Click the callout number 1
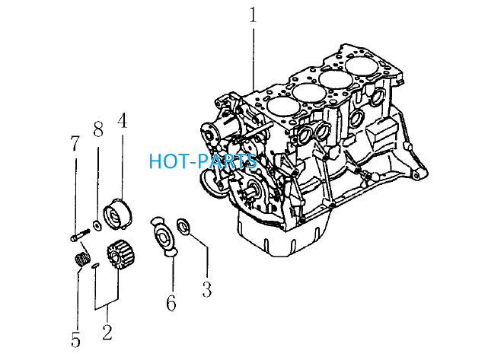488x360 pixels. click(x=253, y=15)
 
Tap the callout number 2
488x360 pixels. click(x=107, y=332)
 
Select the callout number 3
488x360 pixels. click(x=207, y=289)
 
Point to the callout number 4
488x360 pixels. click(x=123, y=121)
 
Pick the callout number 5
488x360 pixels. click(x=75, y=339)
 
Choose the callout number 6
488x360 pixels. click(x=171, y=303)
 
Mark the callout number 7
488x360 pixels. click(x=75, y=143)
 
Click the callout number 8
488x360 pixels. click(x=98, y=129)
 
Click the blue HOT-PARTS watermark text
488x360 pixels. click(x=203, y=161)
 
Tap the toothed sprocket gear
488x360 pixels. click(x=118, y=254)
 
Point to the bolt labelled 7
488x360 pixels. click(x=80, y=234)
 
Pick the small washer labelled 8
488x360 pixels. click(x=97, y=225)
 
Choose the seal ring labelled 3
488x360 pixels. click(x=183, y=226)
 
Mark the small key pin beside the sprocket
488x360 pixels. click(x=95, y=266)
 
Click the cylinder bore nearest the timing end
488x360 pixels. click(x=283, y=107)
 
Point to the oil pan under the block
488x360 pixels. click(x=282, y=235)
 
